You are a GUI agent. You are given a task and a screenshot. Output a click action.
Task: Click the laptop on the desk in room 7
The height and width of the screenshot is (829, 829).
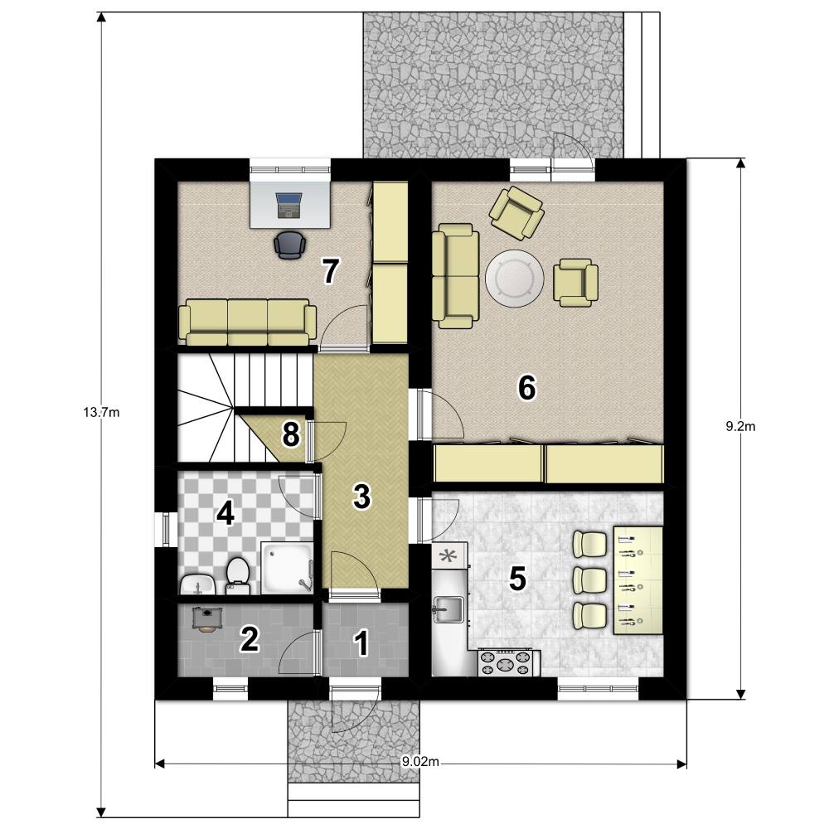[288, 205]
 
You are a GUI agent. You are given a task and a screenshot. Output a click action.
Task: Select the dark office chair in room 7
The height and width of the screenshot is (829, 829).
[290, 245]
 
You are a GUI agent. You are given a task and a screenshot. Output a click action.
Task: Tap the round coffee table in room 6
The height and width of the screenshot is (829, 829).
[515, 278]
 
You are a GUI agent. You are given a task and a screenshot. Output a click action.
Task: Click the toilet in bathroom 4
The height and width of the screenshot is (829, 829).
[237, 575]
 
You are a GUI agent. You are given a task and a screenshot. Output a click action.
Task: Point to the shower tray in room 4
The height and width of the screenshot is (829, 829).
[287, 568]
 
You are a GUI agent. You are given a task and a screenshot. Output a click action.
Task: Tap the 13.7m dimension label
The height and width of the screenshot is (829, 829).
[101, 412]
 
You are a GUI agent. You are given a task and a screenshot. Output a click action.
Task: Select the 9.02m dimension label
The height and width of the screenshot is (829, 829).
[420, 762]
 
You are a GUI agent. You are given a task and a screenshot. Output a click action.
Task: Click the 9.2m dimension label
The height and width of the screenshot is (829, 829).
[740, 427]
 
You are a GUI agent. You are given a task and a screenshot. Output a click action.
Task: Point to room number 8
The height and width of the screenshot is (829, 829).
[291, 435]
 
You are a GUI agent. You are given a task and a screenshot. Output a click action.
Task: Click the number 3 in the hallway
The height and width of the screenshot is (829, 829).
[362, 497]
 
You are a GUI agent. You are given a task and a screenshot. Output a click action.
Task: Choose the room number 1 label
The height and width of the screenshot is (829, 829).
[361, 643]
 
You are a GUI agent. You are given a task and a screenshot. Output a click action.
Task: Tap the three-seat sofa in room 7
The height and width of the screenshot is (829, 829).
[247, 322]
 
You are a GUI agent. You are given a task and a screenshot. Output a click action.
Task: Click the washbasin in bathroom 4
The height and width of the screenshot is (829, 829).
[198, 585]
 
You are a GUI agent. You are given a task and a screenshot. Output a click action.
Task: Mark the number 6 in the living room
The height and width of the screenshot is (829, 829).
[526, 387]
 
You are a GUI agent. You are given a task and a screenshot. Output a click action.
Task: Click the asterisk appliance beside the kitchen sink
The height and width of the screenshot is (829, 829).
[449, 556]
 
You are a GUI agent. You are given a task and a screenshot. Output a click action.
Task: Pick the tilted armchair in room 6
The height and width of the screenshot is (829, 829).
[517, 212]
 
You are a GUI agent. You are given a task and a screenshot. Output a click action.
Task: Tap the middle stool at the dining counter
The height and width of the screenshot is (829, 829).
[590, 580]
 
